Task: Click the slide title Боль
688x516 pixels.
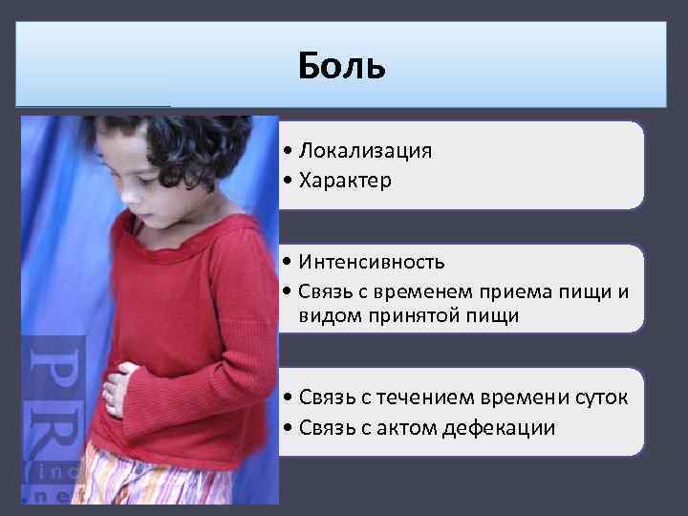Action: pyautogui.click(x=341, y=66)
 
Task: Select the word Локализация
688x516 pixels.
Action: pyautogui.click(x=364, y=151)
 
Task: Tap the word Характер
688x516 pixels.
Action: pyautogui.click(x=345, y=180)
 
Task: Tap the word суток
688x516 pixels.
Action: pyautogui.click(x=599, y=398)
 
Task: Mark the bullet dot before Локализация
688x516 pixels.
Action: pyautogui.click(x=288, y=152)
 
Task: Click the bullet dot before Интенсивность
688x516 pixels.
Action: pyautogui.click(x=288, y=262)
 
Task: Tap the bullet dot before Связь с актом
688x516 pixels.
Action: pyautogui.click(x=288, y=427)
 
